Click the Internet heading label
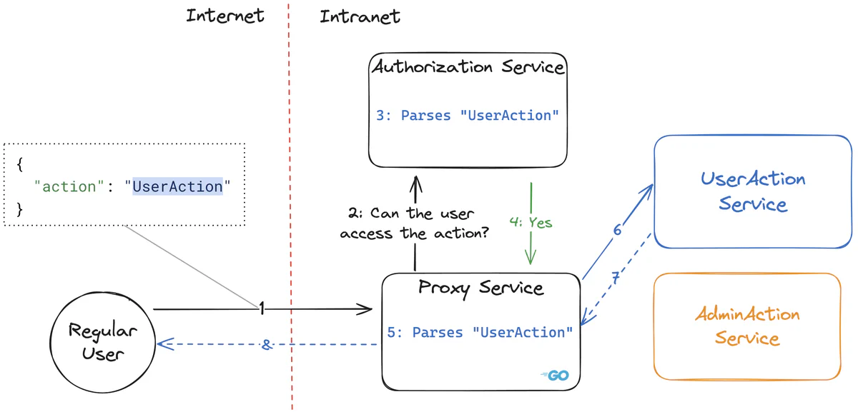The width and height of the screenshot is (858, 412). (x=225, y=16)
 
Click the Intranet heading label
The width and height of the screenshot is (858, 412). (x=360, y=16)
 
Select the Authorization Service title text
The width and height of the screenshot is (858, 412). (x=468, y=68)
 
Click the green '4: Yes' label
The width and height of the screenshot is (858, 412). (x=531, y=223)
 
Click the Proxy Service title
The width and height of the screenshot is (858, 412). (x=480, y=288)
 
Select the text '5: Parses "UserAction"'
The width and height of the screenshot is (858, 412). (x=480, y=332)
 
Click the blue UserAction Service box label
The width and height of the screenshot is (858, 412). (x=752, y=191)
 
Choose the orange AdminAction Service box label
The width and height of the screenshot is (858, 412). (x=747, y=326)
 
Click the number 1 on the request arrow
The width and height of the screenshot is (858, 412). (x=262, y=308)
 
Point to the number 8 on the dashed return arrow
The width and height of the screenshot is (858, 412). (x=266, y=344)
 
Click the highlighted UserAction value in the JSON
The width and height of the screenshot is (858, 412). (x=178, y=186)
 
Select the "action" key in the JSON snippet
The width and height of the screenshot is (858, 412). (x=69, y=186)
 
